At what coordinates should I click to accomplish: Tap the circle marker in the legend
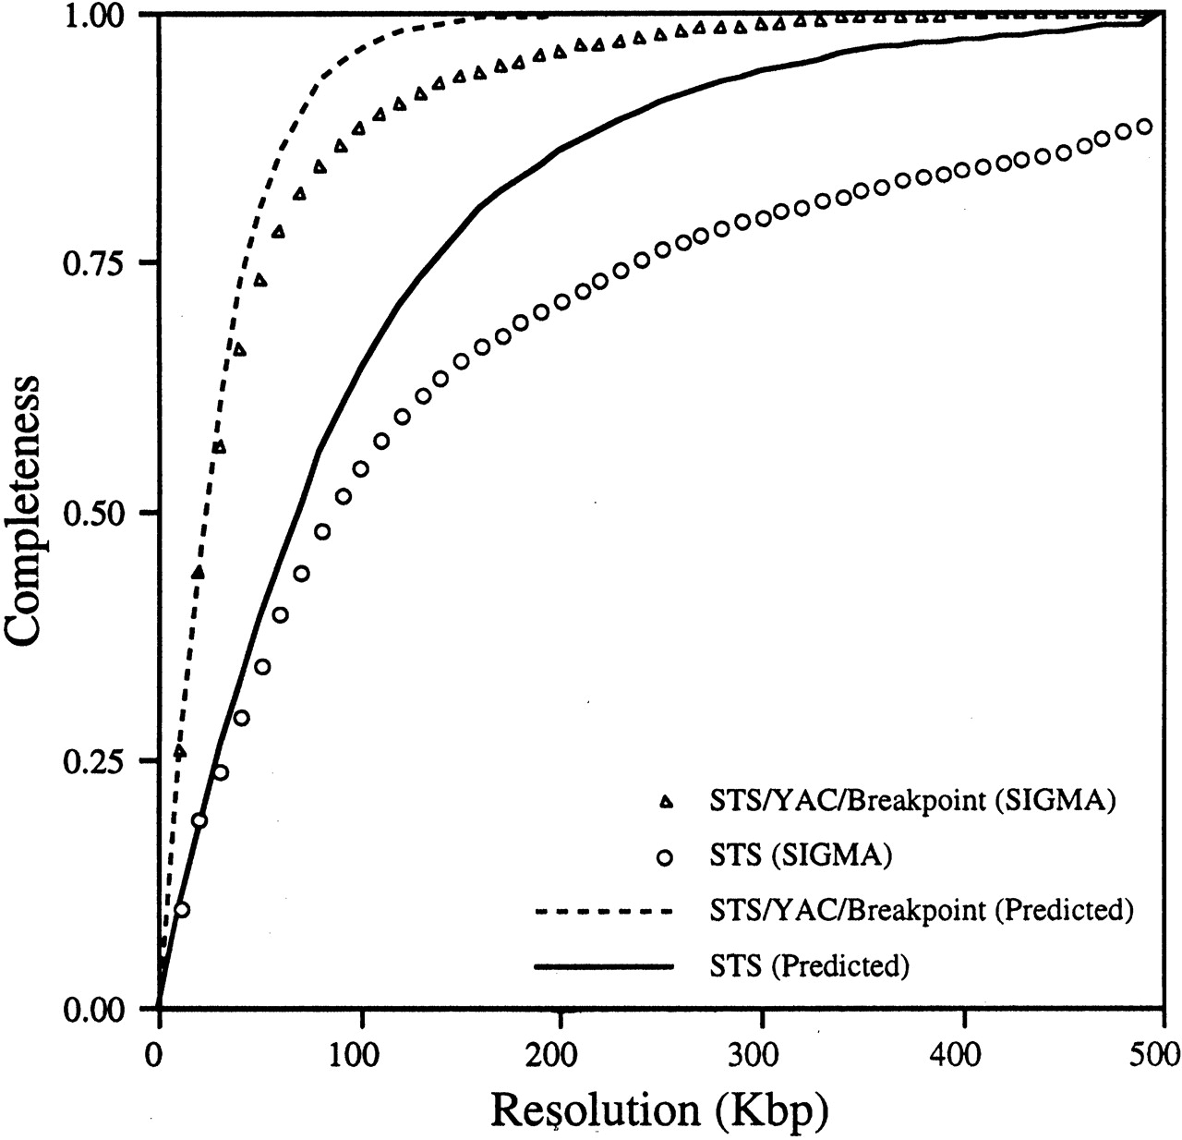click(665, 858)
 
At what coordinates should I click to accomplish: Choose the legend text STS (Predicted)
click(810, 966)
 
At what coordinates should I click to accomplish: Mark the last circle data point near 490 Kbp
click(1143, 127)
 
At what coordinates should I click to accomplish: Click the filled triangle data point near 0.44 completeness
click(198, 573)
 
